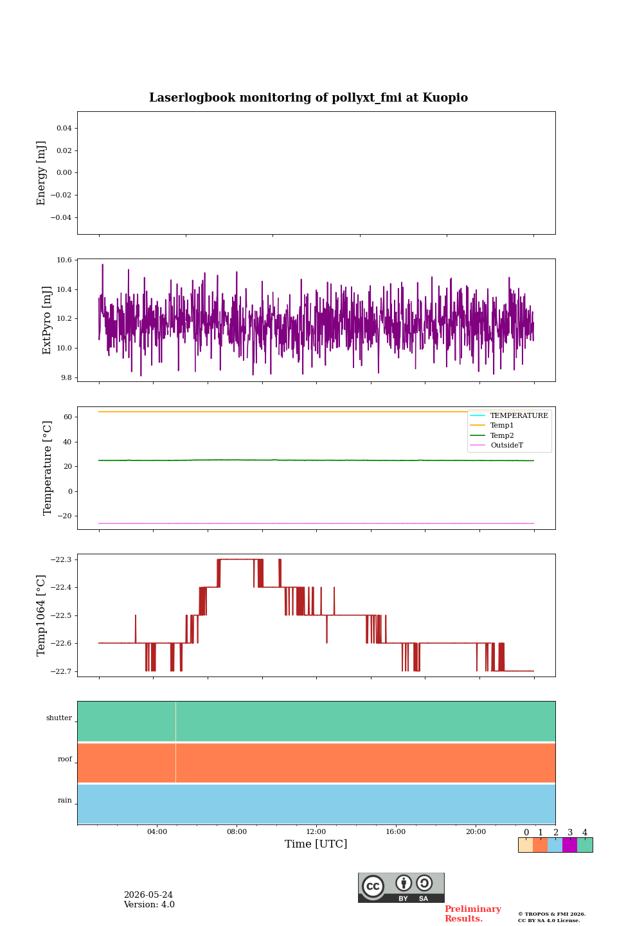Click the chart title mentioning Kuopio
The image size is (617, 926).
(308, 98)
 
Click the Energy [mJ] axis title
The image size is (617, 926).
(41, 173)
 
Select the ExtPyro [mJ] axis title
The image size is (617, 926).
(47, 320)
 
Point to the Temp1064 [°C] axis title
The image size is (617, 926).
(41, 615)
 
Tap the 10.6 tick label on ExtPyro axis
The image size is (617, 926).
(64, 260)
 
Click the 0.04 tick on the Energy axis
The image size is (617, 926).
(64, 128)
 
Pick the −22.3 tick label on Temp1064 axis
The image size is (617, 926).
(61, 559)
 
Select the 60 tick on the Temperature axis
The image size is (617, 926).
(67, 417)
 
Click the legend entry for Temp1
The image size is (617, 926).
(502, 426)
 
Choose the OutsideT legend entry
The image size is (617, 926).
(506, 445)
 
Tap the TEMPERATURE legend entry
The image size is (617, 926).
(519, 415)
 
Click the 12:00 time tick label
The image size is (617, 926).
(316, 831)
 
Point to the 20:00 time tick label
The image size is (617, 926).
(476, 831)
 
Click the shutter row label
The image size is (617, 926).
(59, 718)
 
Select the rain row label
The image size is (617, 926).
(64, 800)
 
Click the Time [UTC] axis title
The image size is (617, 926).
(316, 844)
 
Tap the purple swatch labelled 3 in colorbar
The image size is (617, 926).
(569, 845)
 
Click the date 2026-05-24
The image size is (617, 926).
(148, 894)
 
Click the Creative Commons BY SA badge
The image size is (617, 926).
(401, 887)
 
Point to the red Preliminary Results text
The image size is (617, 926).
(473, 914)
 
